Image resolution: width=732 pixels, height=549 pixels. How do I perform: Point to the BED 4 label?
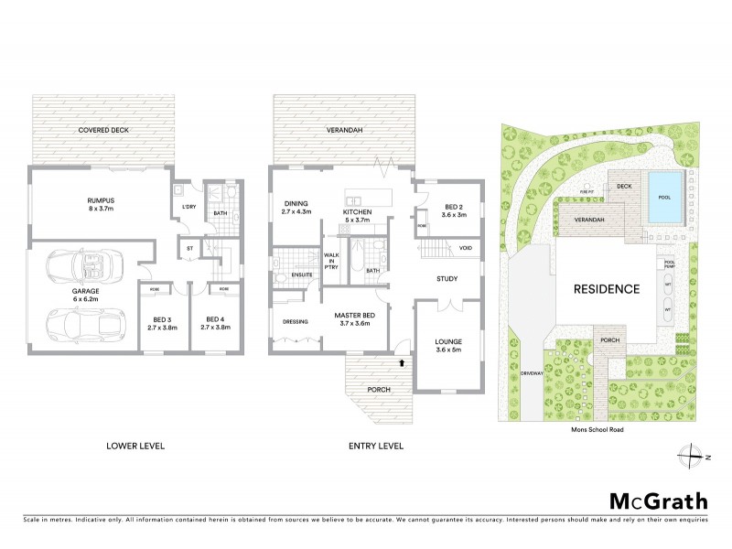point(215,321)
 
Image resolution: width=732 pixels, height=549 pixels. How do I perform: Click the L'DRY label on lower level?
point(189,207)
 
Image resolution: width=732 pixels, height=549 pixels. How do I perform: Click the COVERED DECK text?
point(101,131)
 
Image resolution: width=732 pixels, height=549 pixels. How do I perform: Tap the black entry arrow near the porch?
point(401,363)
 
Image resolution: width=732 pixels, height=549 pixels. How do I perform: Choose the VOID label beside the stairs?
point(466,248)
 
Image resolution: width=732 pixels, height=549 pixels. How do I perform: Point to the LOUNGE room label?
point(448,343)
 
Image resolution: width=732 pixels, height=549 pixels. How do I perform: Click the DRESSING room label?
point(296,321)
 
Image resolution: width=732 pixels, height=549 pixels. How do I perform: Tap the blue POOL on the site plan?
point(663,197)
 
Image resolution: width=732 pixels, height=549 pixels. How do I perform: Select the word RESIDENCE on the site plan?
point(606,288)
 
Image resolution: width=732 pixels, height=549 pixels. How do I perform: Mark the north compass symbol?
point(693,455)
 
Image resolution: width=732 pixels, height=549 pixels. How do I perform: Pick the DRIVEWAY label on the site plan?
point(532,374)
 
